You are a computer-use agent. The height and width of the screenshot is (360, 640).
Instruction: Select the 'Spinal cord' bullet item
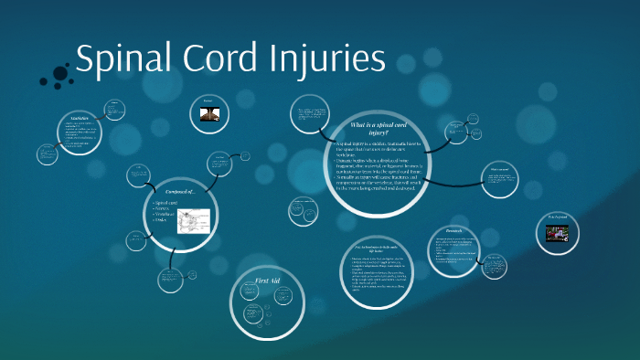pyautogui.click(x=168, y=202)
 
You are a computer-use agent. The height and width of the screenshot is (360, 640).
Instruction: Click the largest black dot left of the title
pyautogui.click(x=60, y=73)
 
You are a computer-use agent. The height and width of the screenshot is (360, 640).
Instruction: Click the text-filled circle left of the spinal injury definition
pyautogui.click(x=311, y=121)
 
